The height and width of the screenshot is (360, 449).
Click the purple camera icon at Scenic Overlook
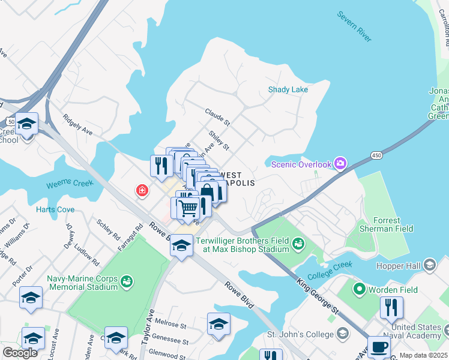340,164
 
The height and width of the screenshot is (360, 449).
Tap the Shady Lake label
288,90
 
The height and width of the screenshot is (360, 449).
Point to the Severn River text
354,26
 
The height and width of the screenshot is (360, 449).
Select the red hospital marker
142,191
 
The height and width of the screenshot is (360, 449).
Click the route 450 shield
376,156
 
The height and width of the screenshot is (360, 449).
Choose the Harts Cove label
55,209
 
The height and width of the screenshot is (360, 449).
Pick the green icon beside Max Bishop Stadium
298,243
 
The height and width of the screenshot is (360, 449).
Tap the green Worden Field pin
360,289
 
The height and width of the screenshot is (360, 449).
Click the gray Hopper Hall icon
429,265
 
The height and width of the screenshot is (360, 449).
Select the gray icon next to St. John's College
342,333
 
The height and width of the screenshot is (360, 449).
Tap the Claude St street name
217,117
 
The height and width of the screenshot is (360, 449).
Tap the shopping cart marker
188,208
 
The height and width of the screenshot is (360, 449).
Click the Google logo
20,353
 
